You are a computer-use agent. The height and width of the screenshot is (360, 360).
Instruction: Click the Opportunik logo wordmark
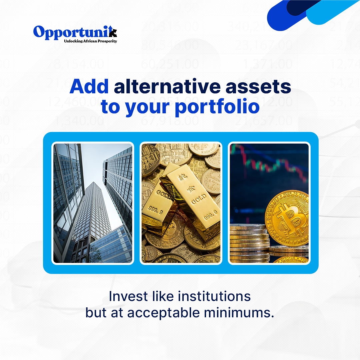(75, 32)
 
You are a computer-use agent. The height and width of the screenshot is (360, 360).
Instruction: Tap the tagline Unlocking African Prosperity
(90, 41)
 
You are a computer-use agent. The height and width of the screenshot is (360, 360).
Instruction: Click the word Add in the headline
(89, 86)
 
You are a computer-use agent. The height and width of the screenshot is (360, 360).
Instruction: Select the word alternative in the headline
(167, 86)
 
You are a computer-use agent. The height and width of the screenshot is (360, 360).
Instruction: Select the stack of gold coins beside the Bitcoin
(249, 242)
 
